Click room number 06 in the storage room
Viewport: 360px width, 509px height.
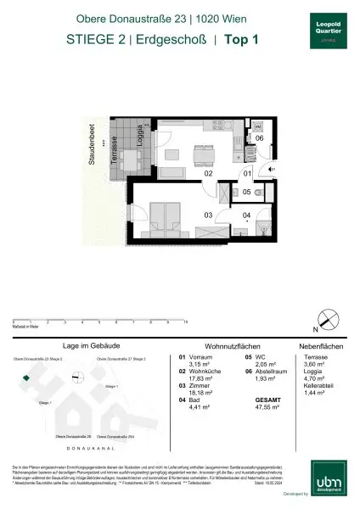(260, 138)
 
